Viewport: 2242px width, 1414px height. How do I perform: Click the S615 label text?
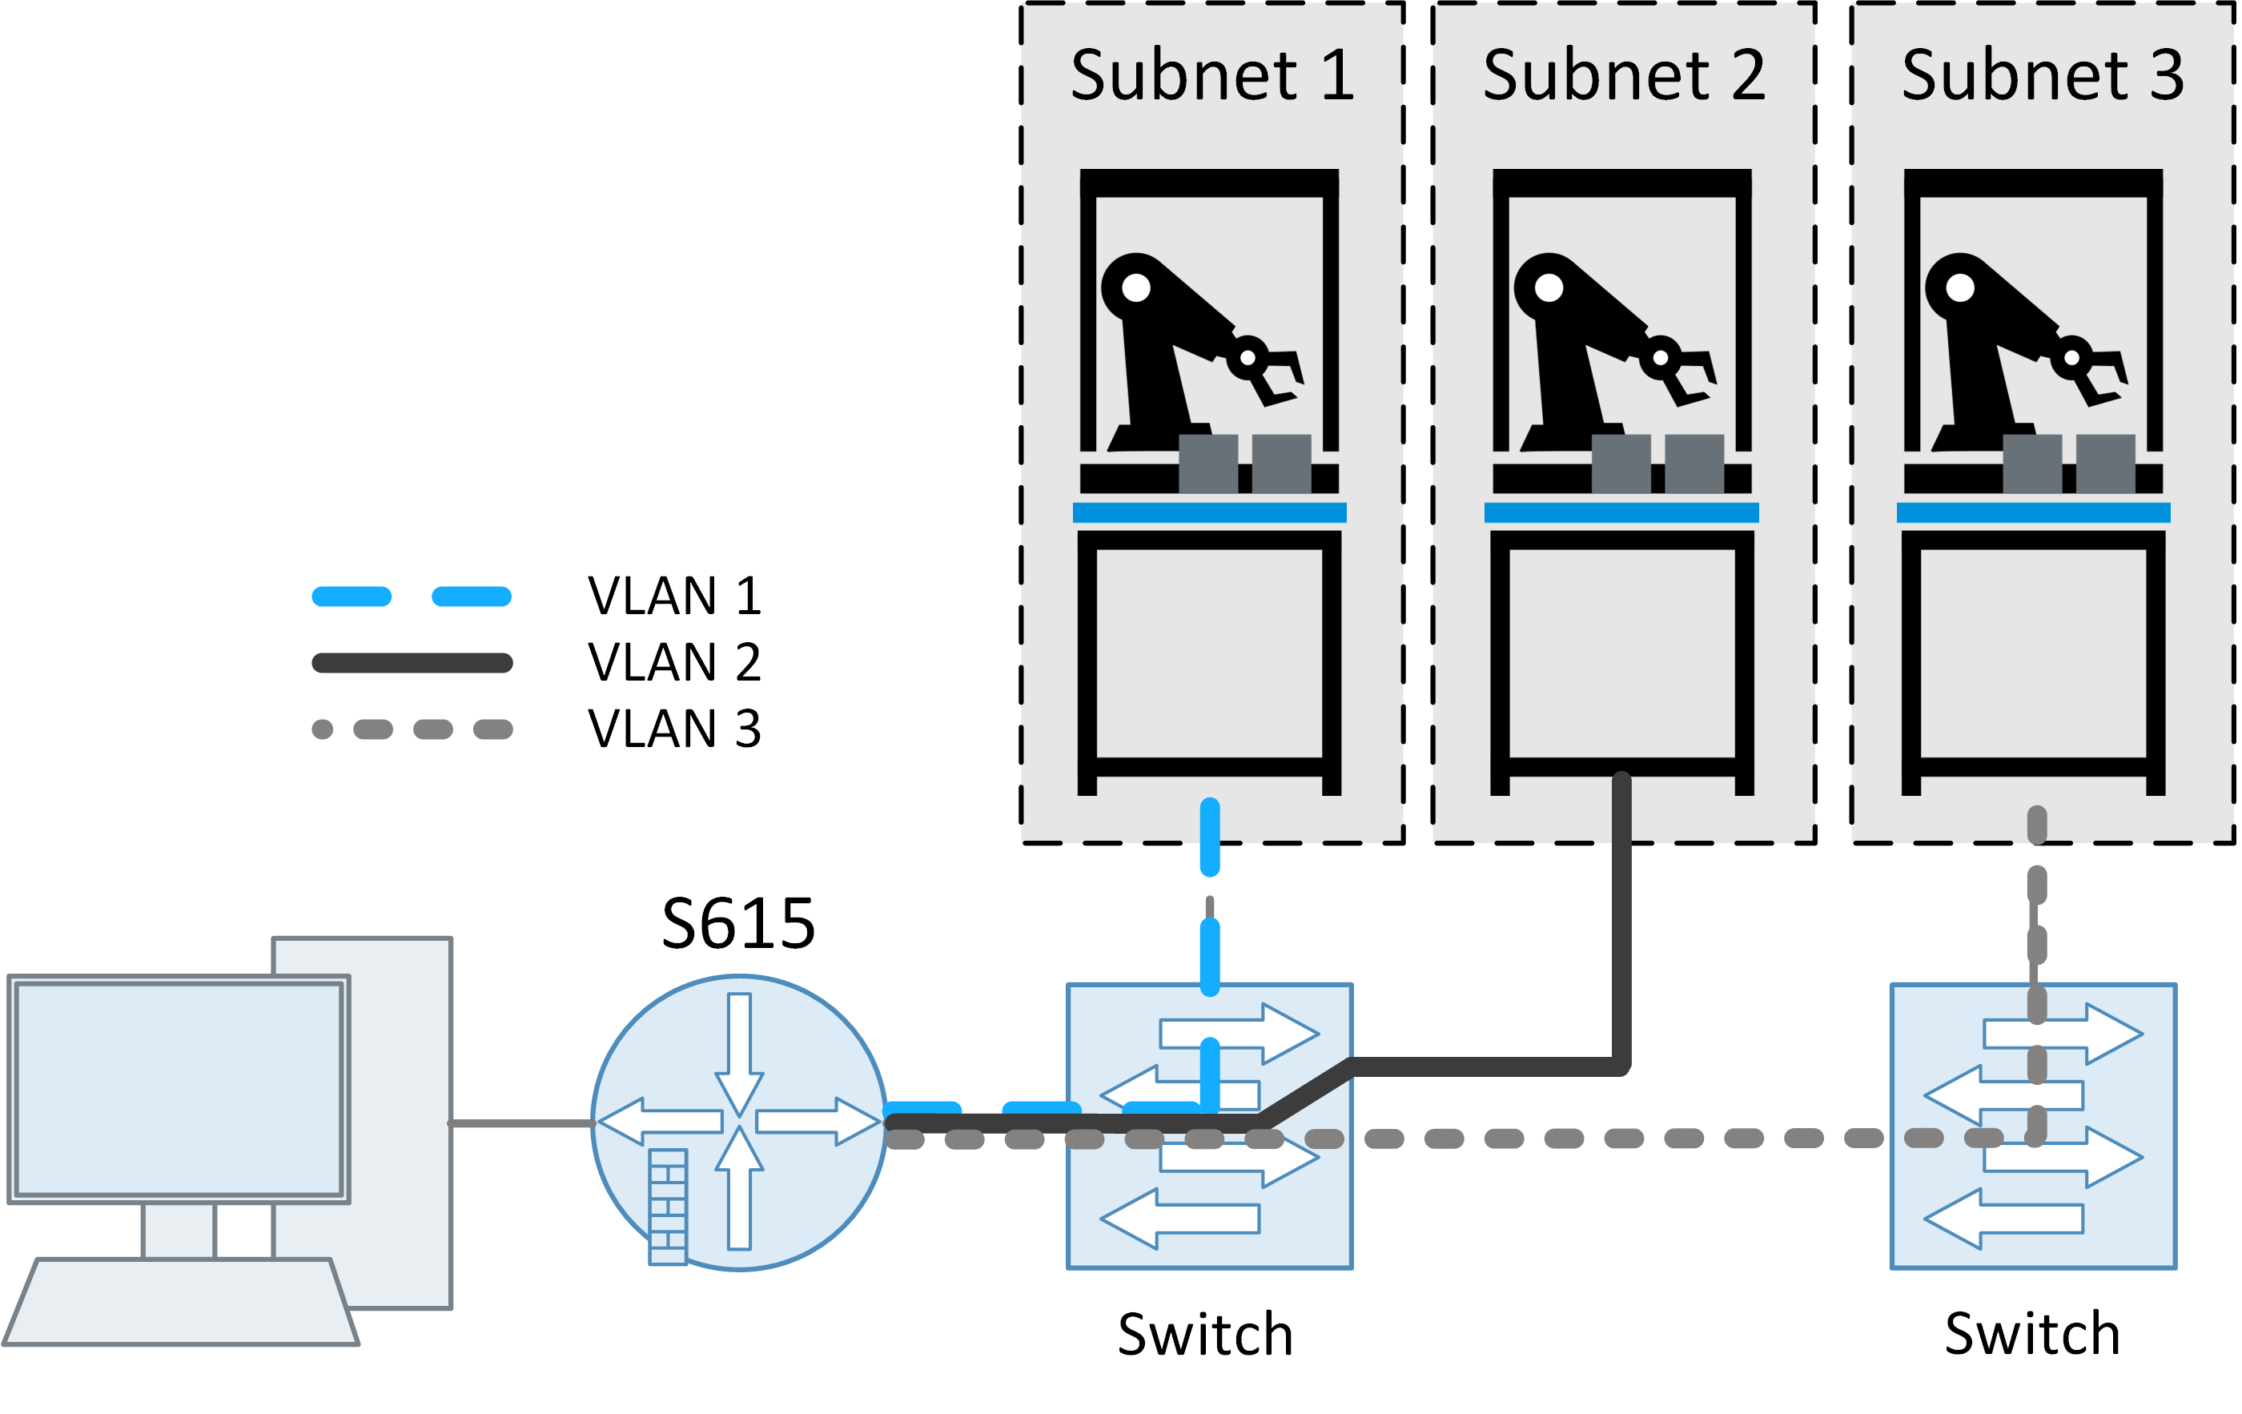point(738,923)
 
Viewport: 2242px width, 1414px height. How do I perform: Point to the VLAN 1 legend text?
point(675,596)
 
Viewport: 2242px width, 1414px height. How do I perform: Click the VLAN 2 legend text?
point(675,662)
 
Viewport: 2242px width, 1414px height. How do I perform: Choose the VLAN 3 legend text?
point(675,728)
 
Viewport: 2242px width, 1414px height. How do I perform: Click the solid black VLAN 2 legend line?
point(412,663)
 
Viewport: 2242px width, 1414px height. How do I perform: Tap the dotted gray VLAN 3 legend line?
point(412,729)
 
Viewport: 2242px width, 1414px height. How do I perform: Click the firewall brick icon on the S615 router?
point(668,1207)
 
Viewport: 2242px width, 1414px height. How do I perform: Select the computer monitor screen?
point(179,1089)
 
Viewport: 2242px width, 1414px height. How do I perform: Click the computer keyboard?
point(182,1301)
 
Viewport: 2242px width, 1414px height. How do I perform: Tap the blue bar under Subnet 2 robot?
point(1621,512)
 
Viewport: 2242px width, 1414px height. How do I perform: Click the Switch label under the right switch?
point(2032,1334)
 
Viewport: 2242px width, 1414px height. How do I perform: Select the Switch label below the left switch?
point(1206,1334)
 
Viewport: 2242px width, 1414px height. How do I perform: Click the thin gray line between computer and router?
point(521,1123)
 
